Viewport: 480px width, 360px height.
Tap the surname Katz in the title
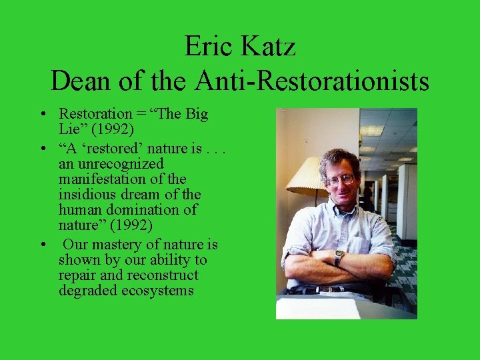tap(269, 47)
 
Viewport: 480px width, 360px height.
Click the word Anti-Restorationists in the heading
tap(312, 81)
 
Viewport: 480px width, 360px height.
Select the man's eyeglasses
tap(340, 178)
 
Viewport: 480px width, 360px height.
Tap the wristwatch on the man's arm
tap(339, 257)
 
